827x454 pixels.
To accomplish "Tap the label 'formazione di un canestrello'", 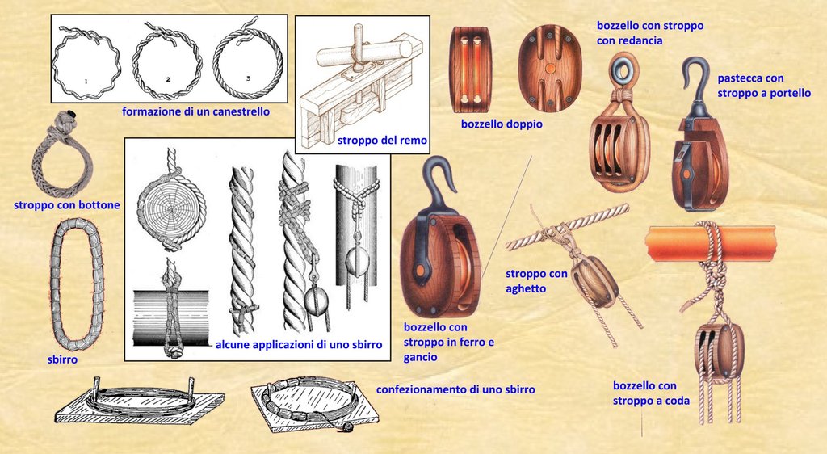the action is (x=195, y=111).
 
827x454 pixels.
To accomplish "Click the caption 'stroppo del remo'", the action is (x=382, y=141).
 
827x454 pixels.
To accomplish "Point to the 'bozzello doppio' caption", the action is (x=502, y=124).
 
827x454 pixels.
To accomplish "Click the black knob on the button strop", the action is (x=72, y=115).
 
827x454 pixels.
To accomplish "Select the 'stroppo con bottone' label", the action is (x=67, y=204).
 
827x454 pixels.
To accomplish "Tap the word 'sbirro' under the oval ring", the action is (x=62, y=359).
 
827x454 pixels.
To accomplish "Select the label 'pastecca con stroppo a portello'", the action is (x=764, y=86).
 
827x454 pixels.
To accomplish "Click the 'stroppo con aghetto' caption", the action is (x=536, y=281).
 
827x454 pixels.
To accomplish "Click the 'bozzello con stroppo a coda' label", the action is (x=651, y=393).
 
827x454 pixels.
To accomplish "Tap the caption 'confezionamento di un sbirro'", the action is (x=455, y=389).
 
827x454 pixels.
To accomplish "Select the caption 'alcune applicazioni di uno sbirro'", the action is (x=299, y=344).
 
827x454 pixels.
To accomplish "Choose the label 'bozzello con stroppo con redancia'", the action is (x=650, y=32).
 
